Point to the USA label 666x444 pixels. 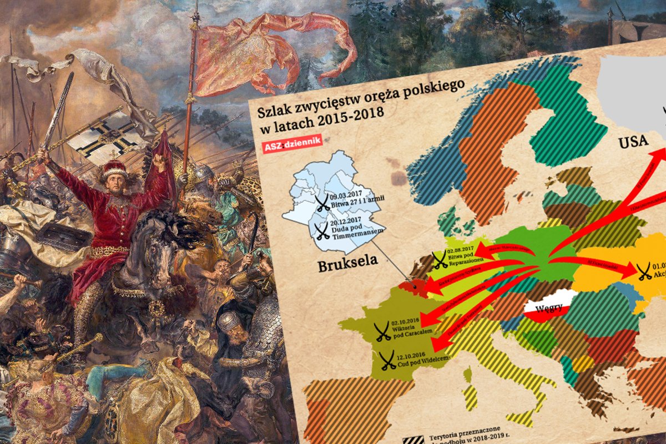633,142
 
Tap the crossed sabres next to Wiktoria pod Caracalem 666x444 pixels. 382,331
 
